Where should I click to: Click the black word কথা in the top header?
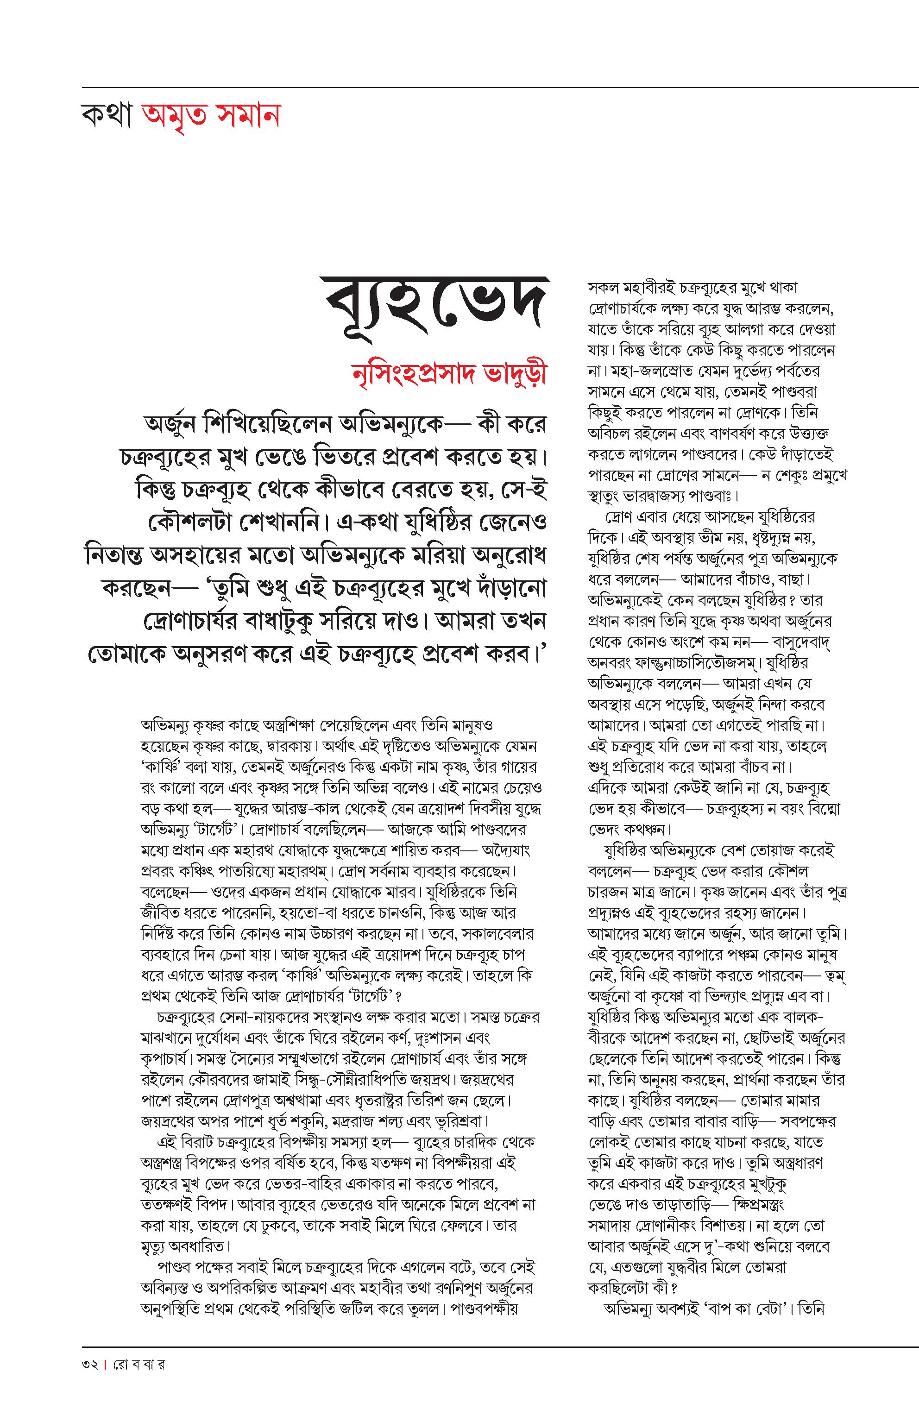point(106,115)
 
